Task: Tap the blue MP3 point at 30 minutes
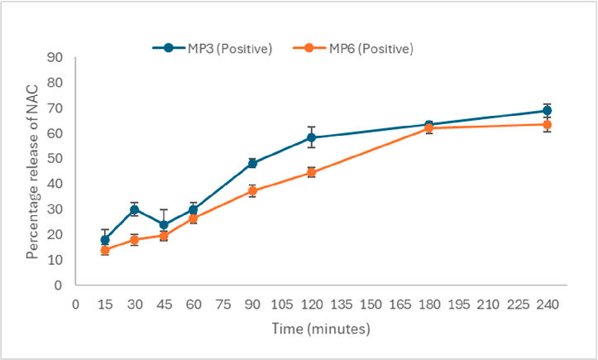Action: [134, 209]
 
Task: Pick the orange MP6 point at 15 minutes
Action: [105, 250]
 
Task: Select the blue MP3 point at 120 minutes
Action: [312, 137]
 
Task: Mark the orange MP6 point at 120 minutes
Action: [312, 172]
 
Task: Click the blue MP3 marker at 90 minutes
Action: [252, 163]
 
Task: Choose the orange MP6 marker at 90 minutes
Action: [252, 191]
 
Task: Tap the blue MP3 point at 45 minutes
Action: [164, 224]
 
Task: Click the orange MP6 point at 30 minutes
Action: [134, 240]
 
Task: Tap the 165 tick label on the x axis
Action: [399, 303]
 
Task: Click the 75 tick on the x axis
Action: [222, 303]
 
